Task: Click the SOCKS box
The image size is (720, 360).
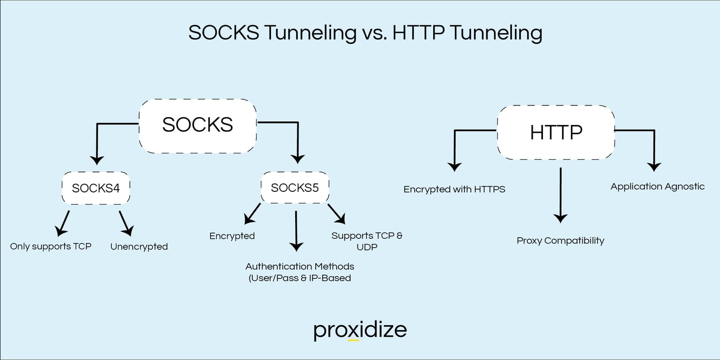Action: [198, 125]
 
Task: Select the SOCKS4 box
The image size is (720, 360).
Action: [96, 188]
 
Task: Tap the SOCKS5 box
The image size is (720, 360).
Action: [295, 188]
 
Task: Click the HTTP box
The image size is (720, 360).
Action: [556, 132]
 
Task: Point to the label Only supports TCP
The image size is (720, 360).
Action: [51, 246]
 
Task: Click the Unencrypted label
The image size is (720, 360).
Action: [139, 246]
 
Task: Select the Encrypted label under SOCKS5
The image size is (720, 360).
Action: [232, 236]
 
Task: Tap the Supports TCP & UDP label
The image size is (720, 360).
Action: [367, 241]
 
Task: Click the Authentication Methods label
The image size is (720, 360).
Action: [299, 272]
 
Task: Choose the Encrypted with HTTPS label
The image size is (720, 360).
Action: [454, 189]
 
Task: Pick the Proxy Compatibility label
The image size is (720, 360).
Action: [560, 240]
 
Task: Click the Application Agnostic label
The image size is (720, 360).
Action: [657, 186]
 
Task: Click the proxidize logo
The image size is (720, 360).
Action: [360, 330]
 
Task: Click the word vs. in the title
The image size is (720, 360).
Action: [374, 33]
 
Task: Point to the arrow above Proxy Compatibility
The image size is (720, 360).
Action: [560, 195]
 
